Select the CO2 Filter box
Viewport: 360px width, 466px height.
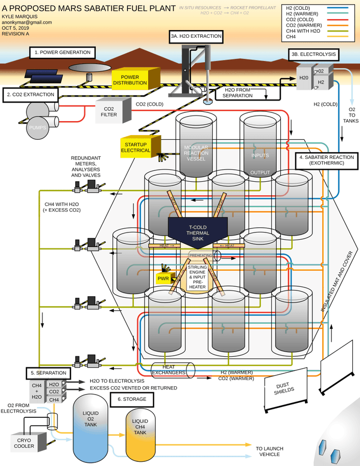tap(109, 112)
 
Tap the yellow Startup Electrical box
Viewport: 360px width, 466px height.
tap(136, 147)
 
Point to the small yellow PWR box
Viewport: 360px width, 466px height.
tap(164, 278)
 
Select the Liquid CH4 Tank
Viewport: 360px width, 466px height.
tap(140, 430)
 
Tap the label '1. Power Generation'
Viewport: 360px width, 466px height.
tap(63, 52)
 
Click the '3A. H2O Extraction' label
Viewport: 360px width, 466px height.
tap(196, 36)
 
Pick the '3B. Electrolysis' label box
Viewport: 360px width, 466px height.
tap(313, 54)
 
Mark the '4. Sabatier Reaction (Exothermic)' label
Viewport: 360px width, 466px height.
tap(326, 160)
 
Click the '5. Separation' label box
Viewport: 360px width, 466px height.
tap(48, 372)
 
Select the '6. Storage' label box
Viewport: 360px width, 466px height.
tap(132, 399)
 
